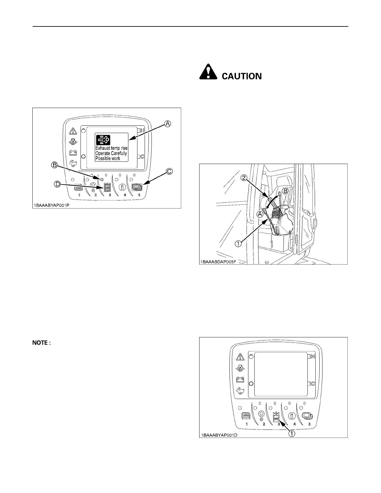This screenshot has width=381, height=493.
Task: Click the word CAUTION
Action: click(x=242, y=76)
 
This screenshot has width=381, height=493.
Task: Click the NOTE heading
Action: click(x=41, y=343)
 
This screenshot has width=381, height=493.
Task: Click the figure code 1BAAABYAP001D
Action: click(x=219, y=435)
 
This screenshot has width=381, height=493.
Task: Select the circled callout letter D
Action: click(x=58, y=185)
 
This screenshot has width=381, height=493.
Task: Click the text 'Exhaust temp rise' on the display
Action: click(x=111, y=148)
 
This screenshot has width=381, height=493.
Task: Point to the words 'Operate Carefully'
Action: click(x=111, y=153)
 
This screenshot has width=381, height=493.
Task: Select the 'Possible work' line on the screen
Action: click(x=108, y=159)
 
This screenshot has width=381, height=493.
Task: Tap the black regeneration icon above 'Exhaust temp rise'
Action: click(x=103, y=140)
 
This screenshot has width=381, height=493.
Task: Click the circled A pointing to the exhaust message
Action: click(x=167, y=124)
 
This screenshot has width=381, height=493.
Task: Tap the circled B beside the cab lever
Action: click(x=285, y=191)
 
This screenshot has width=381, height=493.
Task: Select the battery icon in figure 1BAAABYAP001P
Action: click(x=73, y=153)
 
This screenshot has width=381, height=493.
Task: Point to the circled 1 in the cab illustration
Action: click(x=238, y=244)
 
